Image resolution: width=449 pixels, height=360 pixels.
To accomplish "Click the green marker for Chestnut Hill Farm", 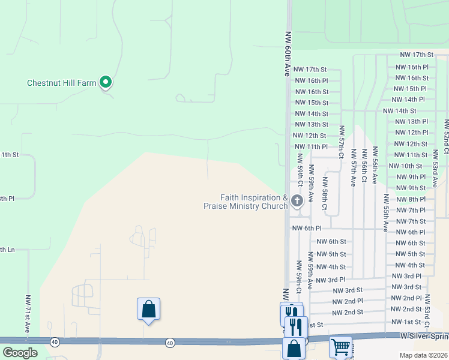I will (x=106, y=82).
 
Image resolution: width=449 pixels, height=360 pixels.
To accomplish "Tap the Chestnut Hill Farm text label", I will (x=62, y=83).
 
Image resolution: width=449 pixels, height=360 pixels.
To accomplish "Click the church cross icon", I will (x=297, y=200).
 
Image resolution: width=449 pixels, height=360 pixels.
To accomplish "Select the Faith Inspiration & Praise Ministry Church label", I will (x=246, y=202).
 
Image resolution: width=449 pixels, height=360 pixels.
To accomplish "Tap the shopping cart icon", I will (x=340, y=346).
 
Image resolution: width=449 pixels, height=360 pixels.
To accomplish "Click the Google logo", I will (x=20, y=353).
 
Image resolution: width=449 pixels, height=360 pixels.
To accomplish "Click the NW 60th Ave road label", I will (x=288, y=53).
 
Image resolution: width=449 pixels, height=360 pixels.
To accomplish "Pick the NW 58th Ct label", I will (x=325, y=194).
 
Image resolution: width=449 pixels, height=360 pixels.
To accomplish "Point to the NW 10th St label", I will (x=406, y=166).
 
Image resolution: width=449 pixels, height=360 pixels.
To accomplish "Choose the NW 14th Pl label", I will (x=408, y=99).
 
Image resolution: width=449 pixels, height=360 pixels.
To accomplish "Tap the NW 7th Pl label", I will (x=411, y=210).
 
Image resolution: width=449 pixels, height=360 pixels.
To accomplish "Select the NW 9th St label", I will (x=411, y=188).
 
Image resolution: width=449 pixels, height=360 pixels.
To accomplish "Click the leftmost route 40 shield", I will (x=55, y=342).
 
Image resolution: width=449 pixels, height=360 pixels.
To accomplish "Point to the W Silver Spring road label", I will (x=424, y=337).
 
